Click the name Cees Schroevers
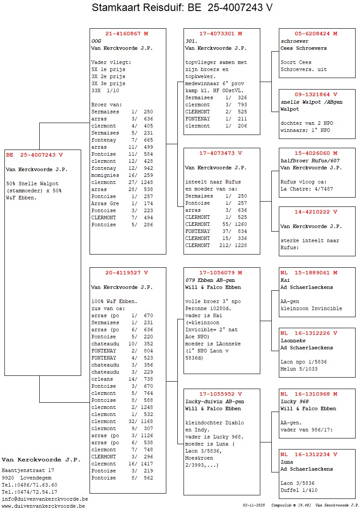(x=304, y=48)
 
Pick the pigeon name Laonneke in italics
(x=293, y=341)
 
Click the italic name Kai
(x=285, y=280)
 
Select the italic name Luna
(x=287, y=462)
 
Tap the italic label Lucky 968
(x=295, y=401)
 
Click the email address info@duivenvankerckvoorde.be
(x=45, y=499)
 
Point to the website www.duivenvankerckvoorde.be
(x=43, y=506)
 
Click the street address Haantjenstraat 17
(x=28, y=471)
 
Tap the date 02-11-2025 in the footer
(x=254, y=505)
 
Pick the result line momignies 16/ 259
(x=122, y=175)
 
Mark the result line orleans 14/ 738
(x=122, y=379)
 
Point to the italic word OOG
(x=96, y=41)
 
